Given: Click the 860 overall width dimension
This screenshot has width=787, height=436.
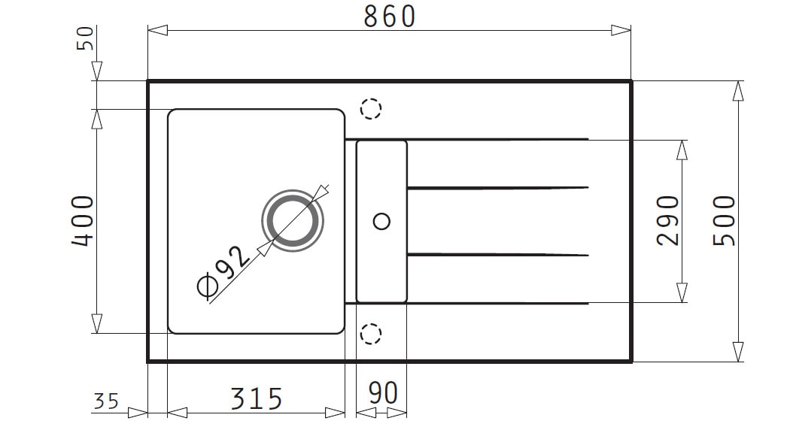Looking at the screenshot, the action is (x=390, y=17).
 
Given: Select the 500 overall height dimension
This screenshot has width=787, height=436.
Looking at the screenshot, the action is (x=725, y=221).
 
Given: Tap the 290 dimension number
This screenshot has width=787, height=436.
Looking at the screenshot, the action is (x=668, y=221).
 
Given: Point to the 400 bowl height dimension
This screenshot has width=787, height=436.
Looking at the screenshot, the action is (x=83, y=221).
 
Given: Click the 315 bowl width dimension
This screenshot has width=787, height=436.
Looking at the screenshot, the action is (x=257, y=399).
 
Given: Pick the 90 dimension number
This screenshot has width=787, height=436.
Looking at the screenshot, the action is (x=383, y=393).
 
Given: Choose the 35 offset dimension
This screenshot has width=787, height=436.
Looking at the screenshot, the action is (x=106, y=401).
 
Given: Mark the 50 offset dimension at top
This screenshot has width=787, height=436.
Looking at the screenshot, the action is (x=85, y=38).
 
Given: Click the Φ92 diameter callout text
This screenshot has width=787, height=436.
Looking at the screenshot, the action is (x=223, y=271).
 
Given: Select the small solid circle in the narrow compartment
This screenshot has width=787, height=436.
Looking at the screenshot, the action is (x=382, y=221).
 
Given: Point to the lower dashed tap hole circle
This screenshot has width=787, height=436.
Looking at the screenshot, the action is (x=371, y=324).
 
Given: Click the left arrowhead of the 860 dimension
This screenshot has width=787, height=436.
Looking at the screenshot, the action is (x=157, y=31).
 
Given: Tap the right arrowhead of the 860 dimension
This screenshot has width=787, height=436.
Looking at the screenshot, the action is (x=621, y=31).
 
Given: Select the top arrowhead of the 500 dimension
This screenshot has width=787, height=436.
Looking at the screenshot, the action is (x=738, y=91).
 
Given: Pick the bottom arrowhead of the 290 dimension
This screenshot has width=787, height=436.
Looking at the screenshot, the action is (x=682, y=292).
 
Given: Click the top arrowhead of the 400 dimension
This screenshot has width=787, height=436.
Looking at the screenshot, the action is (x=97, y=120).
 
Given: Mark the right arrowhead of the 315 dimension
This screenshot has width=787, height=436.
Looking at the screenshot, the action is (x=335, y=413).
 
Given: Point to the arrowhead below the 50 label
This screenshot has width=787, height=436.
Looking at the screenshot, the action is (x=97, y=71).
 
